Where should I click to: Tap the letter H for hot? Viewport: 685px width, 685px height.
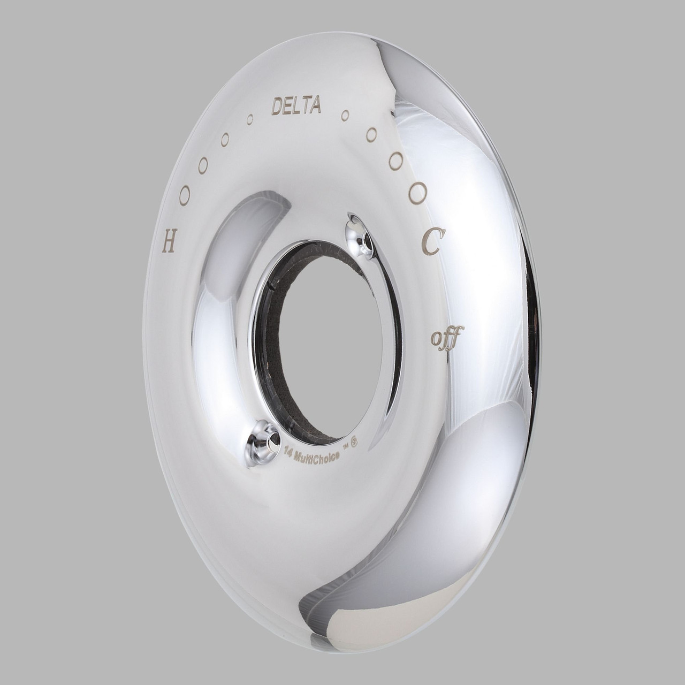point(169,244)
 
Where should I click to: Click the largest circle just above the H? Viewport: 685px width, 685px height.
point(185,195)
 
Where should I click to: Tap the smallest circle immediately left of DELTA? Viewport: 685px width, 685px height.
point(249,119)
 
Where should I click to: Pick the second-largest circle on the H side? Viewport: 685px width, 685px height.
point(203,165)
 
